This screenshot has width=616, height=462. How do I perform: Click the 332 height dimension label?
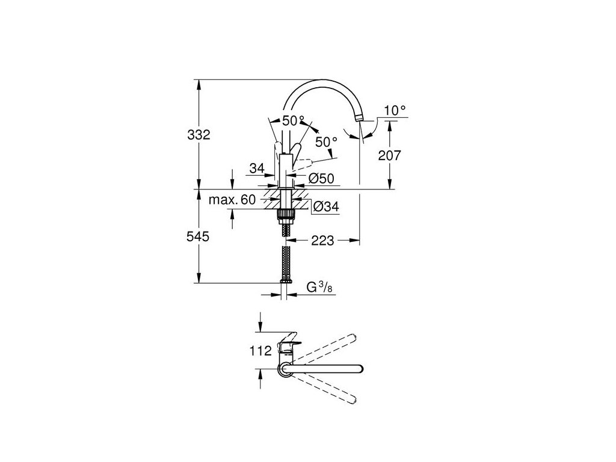pos(198,135)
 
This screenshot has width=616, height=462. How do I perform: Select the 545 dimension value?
pos(198,237)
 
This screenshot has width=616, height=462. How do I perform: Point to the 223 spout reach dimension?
pos(324,241)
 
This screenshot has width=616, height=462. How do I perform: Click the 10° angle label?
pos(396,110)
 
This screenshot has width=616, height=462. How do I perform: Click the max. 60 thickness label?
pos(232,199)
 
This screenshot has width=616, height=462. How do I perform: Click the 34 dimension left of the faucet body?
pos(257,169)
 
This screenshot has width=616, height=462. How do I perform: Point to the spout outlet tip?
pos(360,119)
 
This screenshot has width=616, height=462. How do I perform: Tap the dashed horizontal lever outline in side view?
pos(306,162)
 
